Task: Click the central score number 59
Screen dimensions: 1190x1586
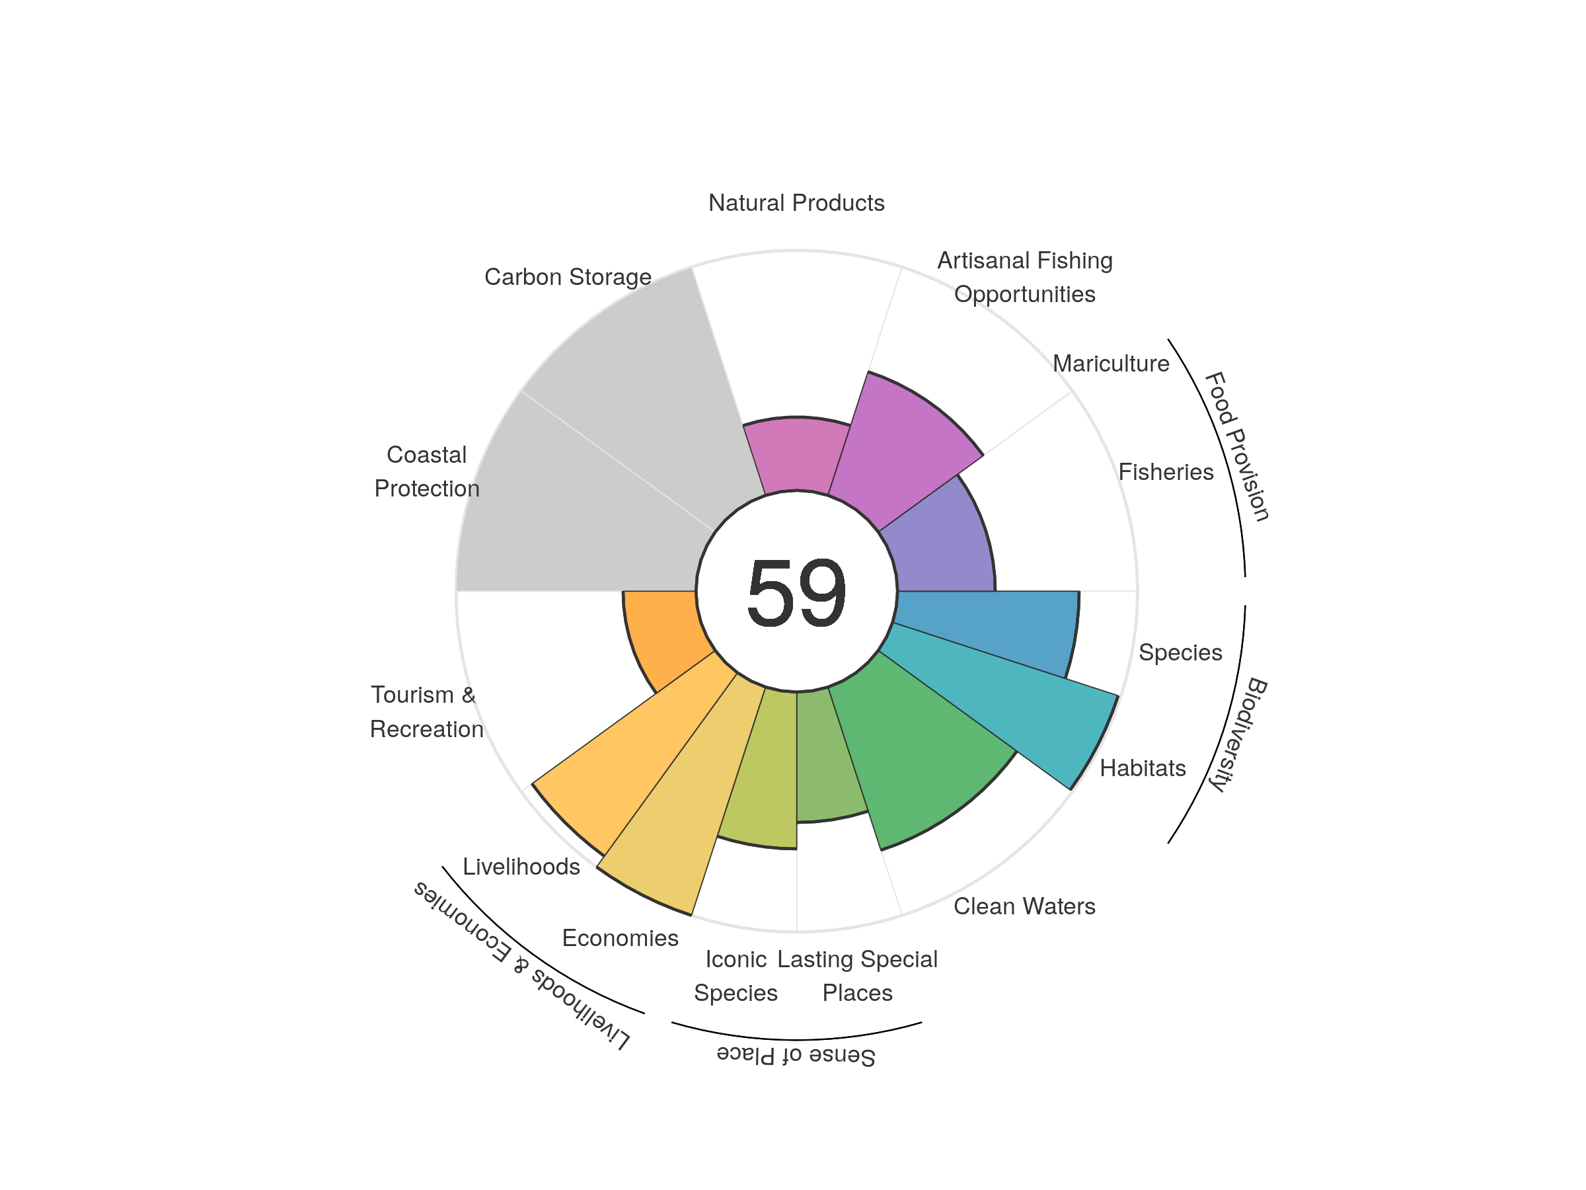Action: click(x=796, y=592)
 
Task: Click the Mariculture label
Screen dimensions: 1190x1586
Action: click(x=1111, y=364)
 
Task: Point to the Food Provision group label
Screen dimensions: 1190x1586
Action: click(x=1236, y=446)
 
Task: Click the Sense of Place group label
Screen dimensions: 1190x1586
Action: click(x=796, y=1055)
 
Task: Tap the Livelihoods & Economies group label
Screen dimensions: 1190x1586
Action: click(x=522, y=965)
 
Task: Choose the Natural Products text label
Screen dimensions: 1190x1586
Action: click(x=796, y=203)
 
